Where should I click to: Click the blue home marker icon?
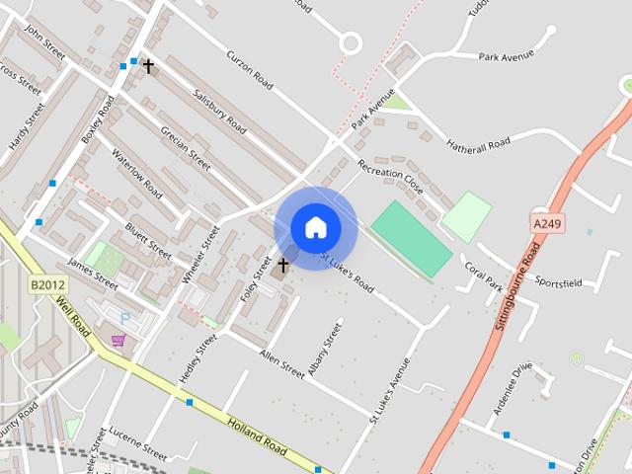pos(315,228)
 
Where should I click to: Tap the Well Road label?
pos(75,318)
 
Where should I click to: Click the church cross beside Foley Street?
pos(283,265)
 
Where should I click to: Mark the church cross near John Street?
pos(148,66)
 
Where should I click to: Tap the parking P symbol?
pos(124,318)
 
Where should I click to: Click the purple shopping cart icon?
pos(118,341)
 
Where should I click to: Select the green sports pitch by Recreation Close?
pos(411,238)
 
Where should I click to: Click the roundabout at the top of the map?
pos(350,42)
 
